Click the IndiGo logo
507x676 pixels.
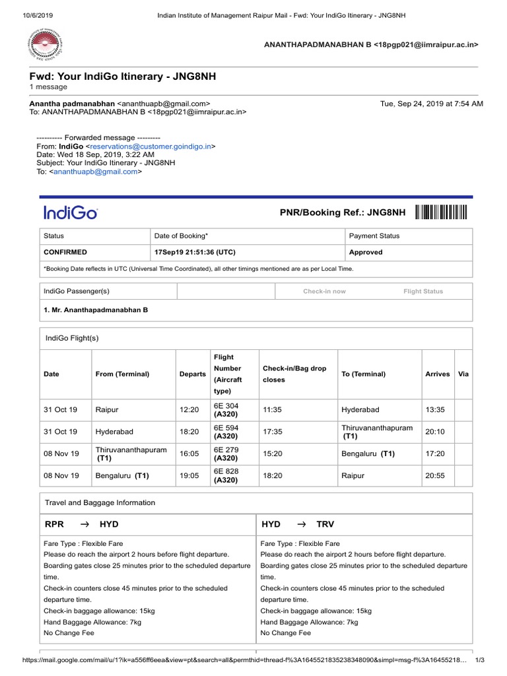(x=71, y=213)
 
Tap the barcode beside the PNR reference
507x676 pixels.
(x=441, y=212)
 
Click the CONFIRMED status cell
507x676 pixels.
(x=65, y=252)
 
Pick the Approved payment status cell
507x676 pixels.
(x=366, y=252)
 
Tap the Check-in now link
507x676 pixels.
(x=324, y=291)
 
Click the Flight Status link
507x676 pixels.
(x=423, y=291)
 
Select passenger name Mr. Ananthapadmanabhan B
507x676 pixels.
(x=96, y=310)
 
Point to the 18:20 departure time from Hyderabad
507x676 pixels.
(x=189, y=432)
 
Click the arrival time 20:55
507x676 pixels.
(x=435, y=475)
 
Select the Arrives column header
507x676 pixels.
(x=437, y=374)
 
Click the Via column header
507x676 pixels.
(x=463, y=374)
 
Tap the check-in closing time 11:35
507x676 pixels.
(x=272, y=410)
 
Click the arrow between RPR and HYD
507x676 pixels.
(x=84, y=524)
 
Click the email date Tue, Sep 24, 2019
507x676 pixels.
(x=432, y=104)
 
